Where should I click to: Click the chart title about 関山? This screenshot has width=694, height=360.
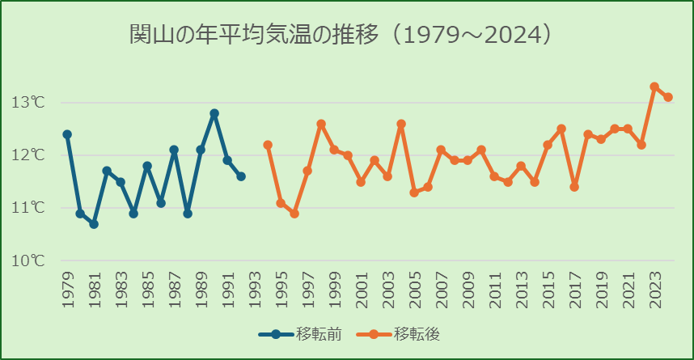coord(341,35)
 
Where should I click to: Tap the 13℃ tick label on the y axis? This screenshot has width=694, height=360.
coord(28,103)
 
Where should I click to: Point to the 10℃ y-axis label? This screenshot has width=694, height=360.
coord(28,260)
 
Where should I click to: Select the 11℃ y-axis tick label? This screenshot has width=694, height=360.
coord(28,208)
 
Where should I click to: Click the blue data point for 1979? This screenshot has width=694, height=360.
coord(67,134)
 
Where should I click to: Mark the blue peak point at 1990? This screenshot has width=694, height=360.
coord(214,113)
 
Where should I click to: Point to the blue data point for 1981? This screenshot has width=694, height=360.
coord(94,224)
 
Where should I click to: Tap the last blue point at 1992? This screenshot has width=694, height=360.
coord(241,176)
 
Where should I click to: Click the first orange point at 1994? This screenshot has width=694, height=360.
coord(268,145)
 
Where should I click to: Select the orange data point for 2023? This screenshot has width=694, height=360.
coord(654,87)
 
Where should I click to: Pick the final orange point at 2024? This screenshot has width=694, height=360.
coord(668,97)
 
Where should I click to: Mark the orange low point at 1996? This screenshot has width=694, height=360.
coord(294,214)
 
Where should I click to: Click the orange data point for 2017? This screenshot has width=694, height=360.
coord(574,187)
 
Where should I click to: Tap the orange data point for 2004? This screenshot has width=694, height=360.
coord(401,124)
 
